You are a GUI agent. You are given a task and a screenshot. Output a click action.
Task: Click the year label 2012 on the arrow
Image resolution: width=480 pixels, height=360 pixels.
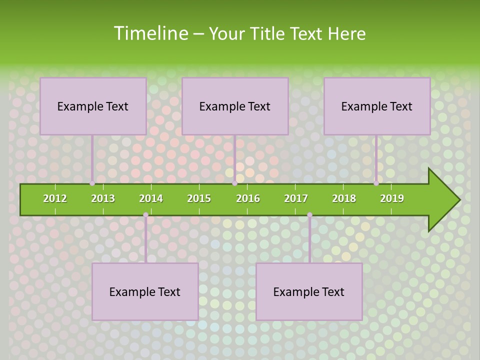(55, 198)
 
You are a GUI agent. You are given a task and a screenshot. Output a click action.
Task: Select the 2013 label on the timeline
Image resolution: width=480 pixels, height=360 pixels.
(103, 198)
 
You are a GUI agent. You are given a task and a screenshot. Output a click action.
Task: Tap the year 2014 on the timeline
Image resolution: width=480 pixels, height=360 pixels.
(151, 198)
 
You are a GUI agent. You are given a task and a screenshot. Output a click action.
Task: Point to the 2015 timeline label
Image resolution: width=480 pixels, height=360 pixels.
(199, 198)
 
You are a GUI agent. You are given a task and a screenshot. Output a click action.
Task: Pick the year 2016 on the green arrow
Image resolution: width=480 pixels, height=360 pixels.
(248, 198)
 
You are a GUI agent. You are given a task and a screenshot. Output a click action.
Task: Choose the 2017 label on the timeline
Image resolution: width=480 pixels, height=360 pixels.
(296, 198)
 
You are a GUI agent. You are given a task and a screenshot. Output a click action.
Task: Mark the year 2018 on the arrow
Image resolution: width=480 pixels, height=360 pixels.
(344, 198)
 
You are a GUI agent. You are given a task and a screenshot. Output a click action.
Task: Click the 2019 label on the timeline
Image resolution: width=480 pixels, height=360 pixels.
(392, 198)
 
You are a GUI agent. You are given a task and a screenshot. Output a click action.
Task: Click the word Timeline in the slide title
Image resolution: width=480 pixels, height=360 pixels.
(150, 33)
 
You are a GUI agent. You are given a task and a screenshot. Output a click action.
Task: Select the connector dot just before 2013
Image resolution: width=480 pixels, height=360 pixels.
(92, 183)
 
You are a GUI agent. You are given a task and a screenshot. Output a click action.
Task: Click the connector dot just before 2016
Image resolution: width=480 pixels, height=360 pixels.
(234, 183)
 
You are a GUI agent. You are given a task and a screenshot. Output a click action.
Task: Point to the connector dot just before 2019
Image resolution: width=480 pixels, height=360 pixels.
(376, 183)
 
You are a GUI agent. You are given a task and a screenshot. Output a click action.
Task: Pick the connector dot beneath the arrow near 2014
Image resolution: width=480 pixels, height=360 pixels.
(145, 215)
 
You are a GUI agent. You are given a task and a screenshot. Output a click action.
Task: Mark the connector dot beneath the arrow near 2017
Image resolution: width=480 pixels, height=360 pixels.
(309, 215)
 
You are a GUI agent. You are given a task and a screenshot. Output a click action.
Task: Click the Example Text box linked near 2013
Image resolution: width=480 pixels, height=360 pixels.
(93, 106)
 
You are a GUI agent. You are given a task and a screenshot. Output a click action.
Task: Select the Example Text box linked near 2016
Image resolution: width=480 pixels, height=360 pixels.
(235, 106)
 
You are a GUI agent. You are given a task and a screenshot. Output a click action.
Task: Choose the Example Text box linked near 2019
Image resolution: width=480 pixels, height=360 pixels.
(377, 106)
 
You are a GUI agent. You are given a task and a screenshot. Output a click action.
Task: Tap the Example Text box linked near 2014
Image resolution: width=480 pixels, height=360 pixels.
(145, 291)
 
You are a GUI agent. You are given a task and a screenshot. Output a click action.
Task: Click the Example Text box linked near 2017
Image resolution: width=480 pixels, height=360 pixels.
(309, 291)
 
